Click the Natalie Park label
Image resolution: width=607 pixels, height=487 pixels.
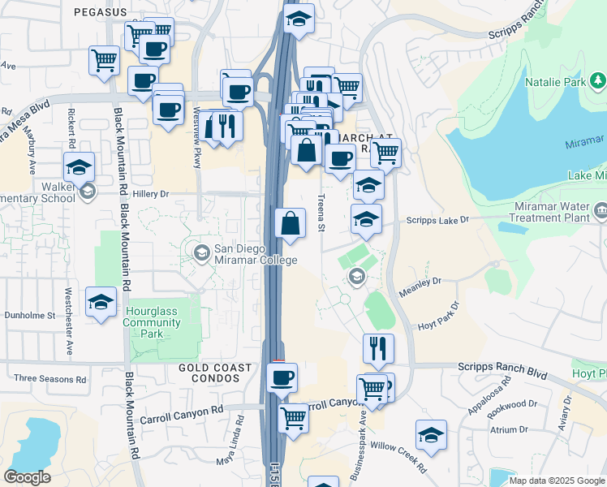tap(559, 83)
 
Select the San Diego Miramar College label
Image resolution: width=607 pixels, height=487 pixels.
tap(255, 254)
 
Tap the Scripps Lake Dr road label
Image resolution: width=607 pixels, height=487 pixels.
tap(438, 220)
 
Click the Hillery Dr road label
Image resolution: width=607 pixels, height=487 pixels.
tap(152, 194)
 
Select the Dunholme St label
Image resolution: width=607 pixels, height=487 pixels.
tap(29, 315)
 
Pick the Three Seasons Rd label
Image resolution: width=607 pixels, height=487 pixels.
tap(50, 378)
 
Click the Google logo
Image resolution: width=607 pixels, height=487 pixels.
tap(27, 477)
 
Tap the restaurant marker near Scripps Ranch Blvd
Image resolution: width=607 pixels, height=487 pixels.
tap(378, 348)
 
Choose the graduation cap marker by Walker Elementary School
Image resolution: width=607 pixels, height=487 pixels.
tap(79, 167)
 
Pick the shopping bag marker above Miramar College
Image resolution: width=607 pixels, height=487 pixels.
tap(290, 223)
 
